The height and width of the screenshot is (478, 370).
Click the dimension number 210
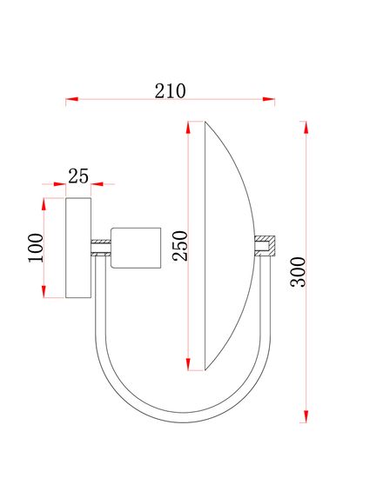coord(171,90)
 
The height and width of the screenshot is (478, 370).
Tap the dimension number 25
coord(78,176)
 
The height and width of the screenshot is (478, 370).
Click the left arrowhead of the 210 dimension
coord(72,101)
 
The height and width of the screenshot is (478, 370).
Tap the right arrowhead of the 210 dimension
coord(269,101)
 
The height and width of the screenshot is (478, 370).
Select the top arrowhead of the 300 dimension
coord(306,127)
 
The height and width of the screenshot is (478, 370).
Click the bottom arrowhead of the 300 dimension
coord(306,416)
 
